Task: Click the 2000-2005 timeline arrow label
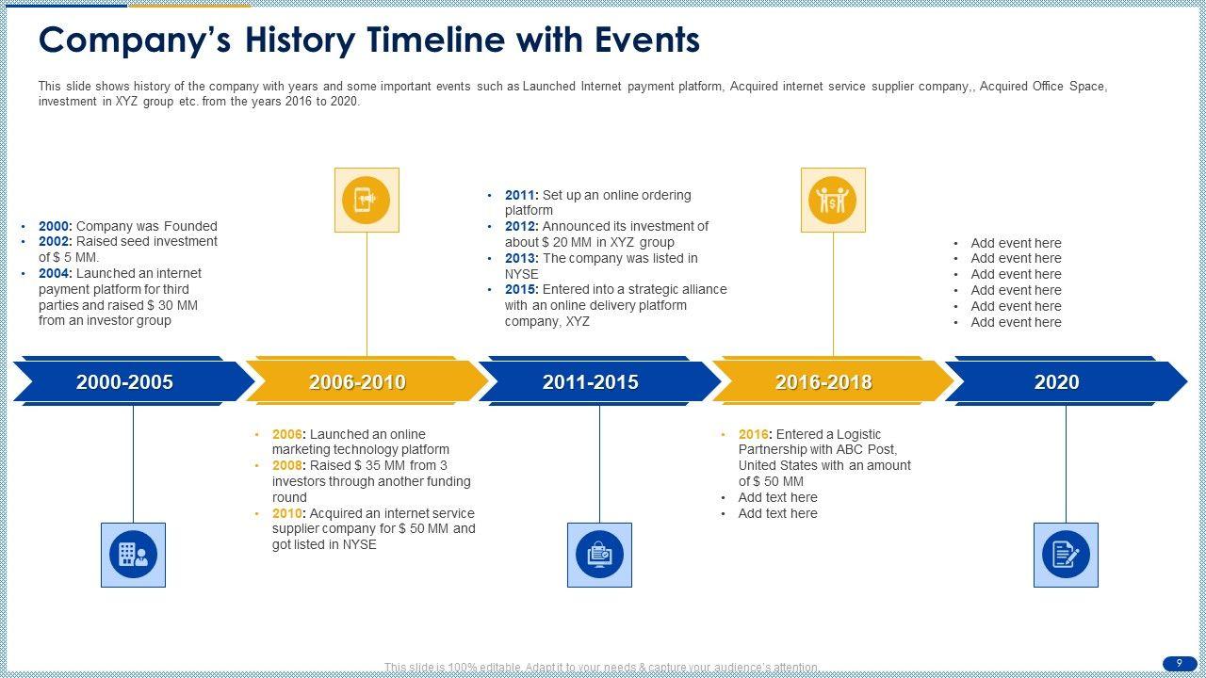point(124,382)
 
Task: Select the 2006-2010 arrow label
point(357,382)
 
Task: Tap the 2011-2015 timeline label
point(591,382)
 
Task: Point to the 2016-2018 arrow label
point(823,382)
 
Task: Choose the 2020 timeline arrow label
point(1057,382)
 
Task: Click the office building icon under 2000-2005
point(134,555)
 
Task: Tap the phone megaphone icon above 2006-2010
point(367,201)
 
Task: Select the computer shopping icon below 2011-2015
point(600,555)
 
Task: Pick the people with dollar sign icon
point(833,201)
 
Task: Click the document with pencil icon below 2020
point(1066,555)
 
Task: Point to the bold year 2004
point(55,273)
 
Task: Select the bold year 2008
point(288,465)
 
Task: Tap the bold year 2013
point(521,258)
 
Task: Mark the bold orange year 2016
point(755,434)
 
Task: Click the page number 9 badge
point(1180,664)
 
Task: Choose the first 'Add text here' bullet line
point(777,498)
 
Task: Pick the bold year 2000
point(55,226)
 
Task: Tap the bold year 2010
point(288,513)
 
